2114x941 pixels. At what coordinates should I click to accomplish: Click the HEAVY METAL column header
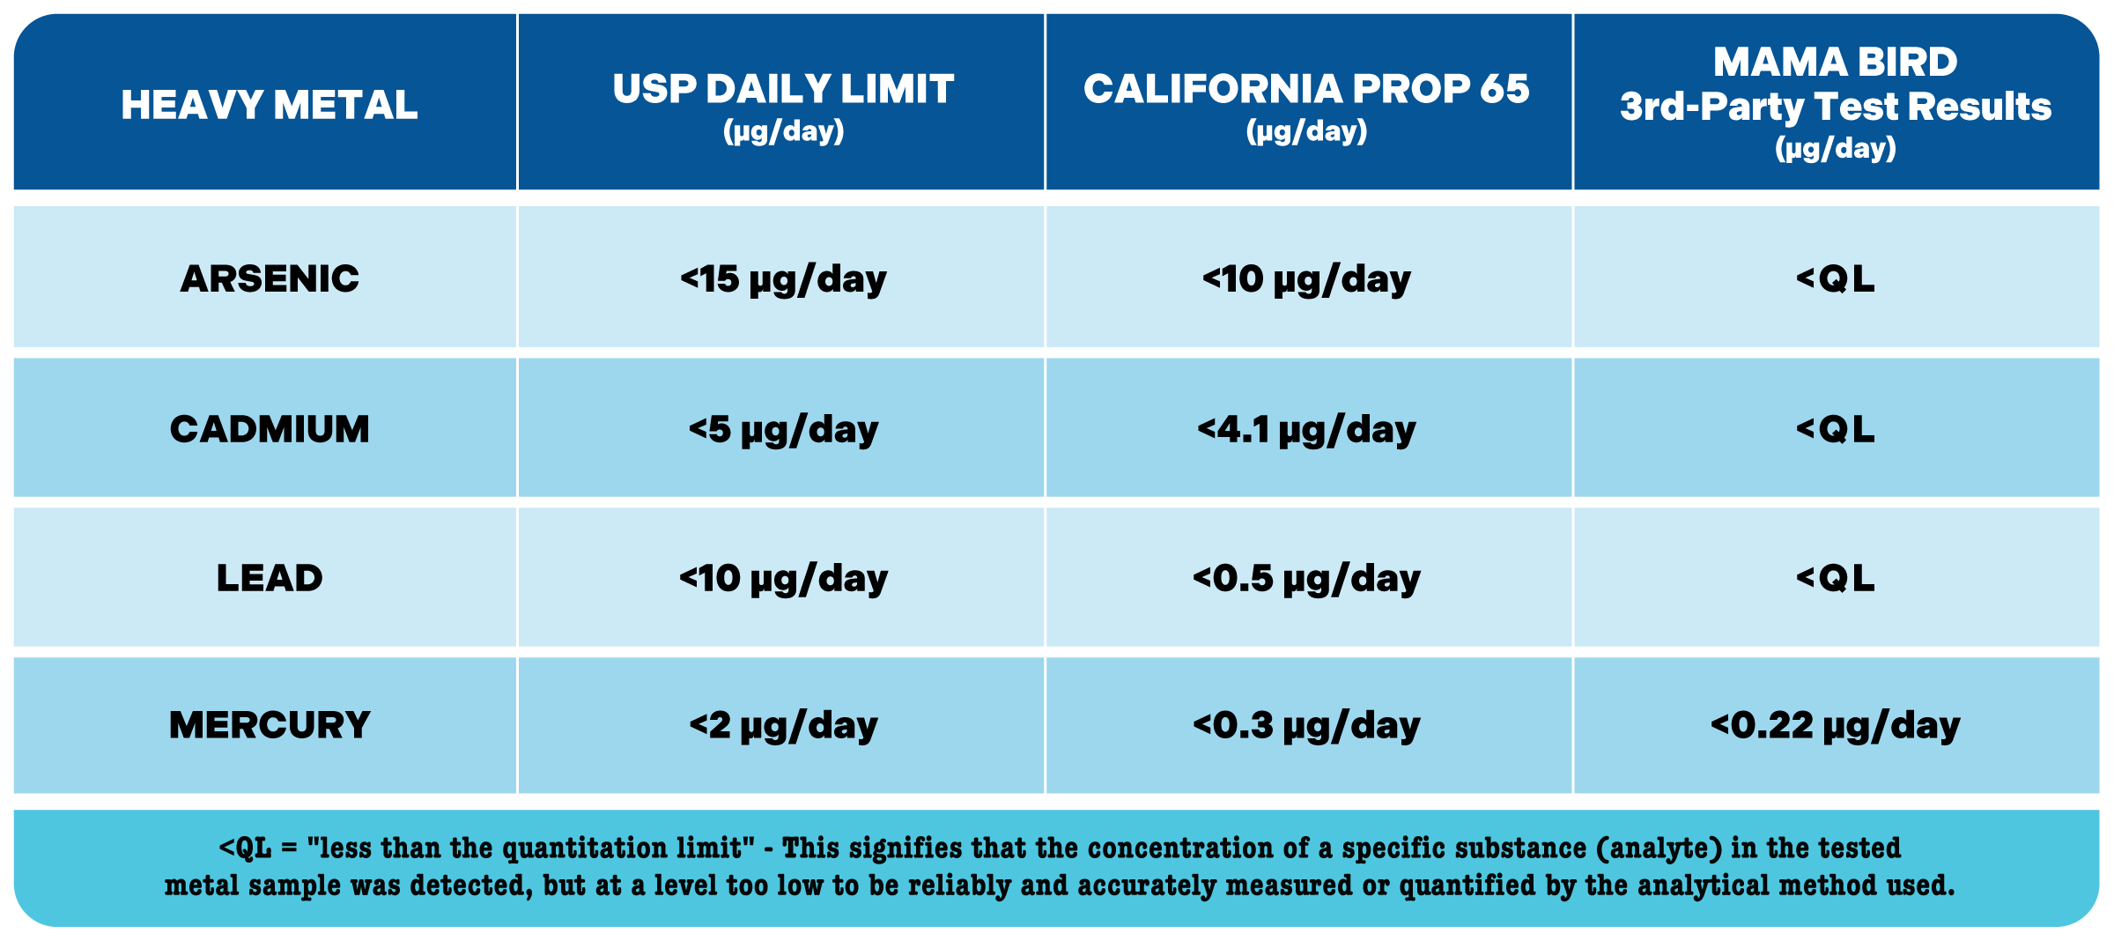[x=270, y=105]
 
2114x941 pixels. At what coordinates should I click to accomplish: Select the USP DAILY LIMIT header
[x=783, y=89]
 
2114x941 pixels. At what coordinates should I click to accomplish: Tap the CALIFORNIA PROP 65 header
[x=1306, y=89]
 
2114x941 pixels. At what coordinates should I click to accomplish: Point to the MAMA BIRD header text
[x=1836, y=63]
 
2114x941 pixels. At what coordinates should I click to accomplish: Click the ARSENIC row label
[x=270, y=279]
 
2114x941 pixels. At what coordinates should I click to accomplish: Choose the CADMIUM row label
[x=270, y=430]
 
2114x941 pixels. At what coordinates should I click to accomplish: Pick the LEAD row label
[x=270, y=579]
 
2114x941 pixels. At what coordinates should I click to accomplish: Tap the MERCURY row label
[x=270, y=726]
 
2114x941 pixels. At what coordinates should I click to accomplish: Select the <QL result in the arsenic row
[x=1836, y=279]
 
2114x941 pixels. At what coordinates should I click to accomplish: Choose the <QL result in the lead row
[x=1836, y=579]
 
